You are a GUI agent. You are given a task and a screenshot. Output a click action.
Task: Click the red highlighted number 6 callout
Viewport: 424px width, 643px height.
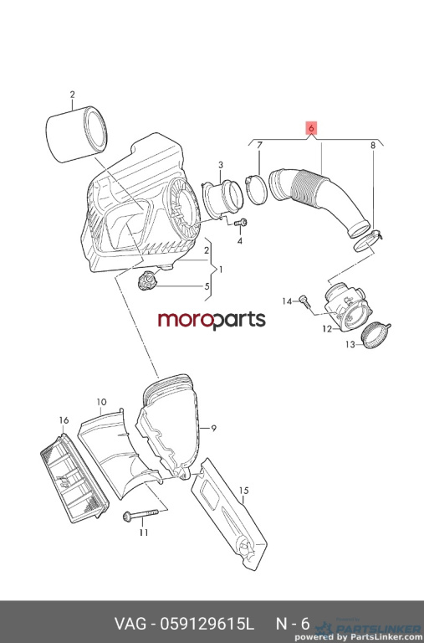311,128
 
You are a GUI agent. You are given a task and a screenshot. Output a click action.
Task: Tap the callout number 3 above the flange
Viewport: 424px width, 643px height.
221,165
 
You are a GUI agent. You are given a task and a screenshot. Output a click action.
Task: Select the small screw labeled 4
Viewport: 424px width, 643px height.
241,223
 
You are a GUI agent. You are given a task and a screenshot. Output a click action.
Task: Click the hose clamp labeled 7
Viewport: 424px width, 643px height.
257,190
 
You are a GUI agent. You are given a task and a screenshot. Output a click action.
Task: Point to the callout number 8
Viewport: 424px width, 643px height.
373,145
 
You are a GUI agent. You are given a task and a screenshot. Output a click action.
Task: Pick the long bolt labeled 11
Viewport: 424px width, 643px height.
140,515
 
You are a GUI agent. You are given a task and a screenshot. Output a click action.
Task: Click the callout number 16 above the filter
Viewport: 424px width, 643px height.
64,420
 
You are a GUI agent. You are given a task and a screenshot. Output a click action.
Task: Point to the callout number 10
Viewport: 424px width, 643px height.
101,402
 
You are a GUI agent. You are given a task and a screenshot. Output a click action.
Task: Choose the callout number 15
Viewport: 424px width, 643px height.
243,491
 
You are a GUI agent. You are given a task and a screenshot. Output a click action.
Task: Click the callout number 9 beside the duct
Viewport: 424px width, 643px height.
214,429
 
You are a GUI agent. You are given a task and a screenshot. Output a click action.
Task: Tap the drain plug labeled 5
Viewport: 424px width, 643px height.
146,281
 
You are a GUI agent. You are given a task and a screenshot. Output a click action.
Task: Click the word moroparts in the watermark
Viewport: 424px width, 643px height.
212,320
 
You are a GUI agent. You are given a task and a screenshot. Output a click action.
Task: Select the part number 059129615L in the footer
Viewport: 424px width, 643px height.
207,624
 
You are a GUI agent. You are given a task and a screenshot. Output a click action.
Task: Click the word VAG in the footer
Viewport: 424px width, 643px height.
130,624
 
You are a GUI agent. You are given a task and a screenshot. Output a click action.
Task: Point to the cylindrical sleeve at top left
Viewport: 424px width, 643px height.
76,134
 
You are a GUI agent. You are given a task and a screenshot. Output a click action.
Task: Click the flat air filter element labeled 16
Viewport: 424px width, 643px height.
74,480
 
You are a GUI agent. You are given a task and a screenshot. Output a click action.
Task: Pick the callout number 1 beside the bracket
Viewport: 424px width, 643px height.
221,270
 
